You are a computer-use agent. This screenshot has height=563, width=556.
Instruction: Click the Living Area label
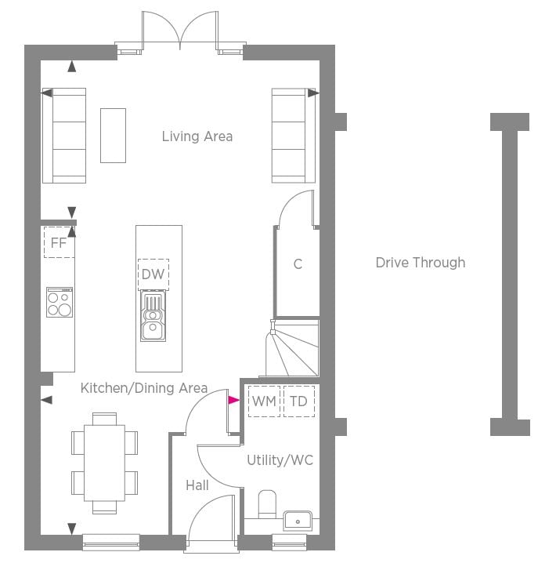[197, 136]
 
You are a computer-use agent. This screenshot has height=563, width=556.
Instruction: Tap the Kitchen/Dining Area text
[144, 388]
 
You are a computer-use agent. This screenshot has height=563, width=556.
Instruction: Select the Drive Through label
[421, 263]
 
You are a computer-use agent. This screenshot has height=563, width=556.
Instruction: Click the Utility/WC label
[280, 460]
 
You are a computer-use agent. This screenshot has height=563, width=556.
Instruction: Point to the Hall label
[197, 485]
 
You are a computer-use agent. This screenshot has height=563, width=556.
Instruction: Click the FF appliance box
[60, 242]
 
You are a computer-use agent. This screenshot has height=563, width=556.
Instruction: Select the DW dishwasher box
[153, 274]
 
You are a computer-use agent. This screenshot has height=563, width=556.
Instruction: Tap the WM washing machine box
[264, 401]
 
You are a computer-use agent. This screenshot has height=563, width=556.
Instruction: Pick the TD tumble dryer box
[299, 401]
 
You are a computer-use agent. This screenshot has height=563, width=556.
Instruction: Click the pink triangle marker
[233, 400]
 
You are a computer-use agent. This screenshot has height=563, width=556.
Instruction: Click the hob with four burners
[60, 302]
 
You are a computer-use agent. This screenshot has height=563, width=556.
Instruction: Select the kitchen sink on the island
[153, 316]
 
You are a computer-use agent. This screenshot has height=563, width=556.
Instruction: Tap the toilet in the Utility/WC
[267, 504]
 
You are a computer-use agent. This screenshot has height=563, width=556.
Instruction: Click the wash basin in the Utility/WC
[298, 521]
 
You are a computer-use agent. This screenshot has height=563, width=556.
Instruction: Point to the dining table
[105, 463]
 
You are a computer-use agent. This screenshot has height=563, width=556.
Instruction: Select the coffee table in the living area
[113, 136]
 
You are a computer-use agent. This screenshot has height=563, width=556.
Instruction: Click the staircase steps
[292, 348]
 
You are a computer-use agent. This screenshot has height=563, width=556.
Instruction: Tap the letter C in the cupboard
[298, 264]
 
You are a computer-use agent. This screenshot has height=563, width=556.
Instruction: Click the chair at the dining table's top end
[104, 419]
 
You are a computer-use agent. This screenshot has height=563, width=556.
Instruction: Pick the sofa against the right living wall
[294, 136]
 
